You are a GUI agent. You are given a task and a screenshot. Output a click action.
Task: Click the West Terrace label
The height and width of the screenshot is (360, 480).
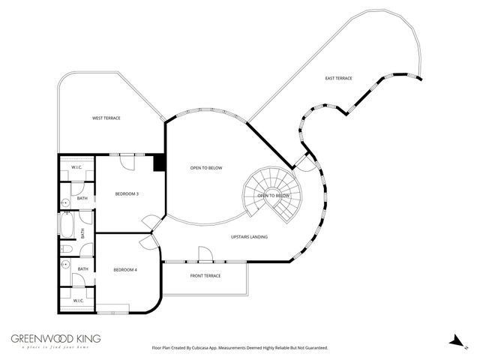pyautogui.click(x=106, y=118)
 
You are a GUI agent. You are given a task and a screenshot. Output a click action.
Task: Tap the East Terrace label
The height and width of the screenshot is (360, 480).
pyautogui.click(x=338, y=79)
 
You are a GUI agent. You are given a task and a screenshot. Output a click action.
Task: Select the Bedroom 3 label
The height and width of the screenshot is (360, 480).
pyautogui.click(x=127, y=194)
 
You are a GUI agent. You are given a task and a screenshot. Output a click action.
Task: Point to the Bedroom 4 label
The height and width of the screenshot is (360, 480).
pyautogui.click(x=124, y=270)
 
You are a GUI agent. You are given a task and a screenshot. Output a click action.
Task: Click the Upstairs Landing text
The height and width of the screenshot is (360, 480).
pyautogui.click(x=249, y=237)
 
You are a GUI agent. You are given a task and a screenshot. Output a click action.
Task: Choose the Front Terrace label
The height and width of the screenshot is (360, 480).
pyautogui.click(x=205, y=276)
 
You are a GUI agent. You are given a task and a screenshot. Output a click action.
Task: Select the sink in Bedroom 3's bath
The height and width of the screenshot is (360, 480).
pyautogui.click(x=65, y=202)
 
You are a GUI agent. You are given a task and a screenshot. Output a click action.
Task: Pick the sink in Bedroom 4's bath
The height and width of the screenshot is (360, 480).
pyautogui.click(x=65, y=264)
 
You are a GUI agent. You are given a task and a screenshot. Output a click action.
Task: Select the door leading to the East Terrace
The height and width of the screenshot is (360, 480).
pyautogui.click(x=304, y=160)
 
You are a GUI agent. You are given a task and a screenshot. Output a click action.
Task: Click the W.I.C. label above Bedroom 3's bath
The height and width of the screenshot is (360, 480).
pyautogui.click(x=76, y=166)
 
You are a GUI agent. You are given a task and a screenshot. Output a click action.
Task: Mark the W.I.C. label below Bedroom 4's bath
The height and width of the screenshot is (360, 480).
pyautogui.click(x=77, y=301)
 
